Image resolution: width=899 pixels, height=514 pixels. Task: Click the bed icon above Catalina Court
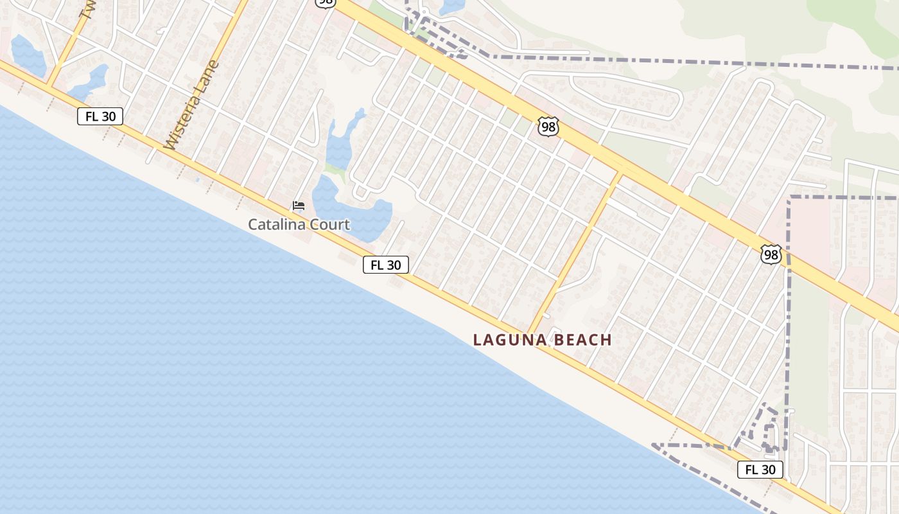point(299,206)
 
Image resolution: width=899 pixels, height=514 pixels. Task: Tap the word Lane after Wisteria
point(211,73)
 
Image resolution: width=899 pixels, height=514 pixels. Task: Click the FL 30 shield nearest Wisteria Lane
point(100,116)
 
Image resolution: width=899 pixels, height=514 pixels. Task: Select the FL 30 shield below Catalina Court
point(386,265)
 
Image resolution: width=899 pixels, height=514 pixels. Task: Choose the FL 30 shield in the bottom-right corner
point(760,470)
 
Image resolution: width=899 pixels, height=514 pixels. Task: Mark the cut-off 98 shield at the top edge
point(326,3)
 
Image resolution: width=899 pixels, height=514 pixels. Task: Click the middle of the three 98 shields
point(548,127)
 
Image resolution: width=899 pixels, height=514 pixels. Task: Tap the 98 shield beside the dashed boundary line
point(771,254)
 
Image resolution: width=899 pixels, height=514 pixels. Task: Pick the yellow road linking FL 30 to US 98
point(575,251)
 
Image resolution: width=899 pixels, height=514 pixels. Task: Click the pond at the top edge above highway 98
point(453,6)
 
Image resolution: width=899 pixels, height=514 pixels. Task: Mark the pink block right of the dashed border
point(810,231)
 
